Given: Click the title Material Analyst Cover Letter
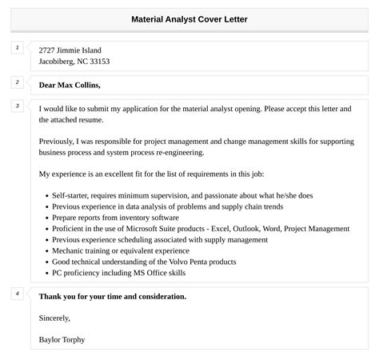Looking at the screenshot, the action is pyautogui.click(x=189, y=18).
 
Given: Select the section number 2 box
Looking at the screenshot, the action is pyautogui.click(x=17, y=82).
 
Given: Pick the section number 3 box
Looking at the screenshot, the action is pyautogui.click(x=17, y=106).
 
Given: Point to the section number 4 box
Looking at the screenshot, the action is pyautogui.click(x=17, y=294).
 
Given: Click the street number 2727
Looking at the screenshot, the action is pyautogui.click(x=48, y=50).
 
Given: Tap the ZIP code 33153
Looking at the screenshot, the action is pyautogui.click(x=99, y=62).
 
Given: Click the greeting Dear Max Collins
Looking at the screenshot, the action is pyautogui.click(x=70, y=85).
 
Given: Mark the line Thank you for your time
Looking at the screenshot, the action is pyautogui.click(x=112, y=296).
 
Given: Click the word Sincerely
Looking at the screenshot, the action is pyautogui.click(x=56, y=318).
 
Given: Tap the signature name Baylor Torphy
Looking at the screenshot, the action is pyautogui.click(x=62, y=339).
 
